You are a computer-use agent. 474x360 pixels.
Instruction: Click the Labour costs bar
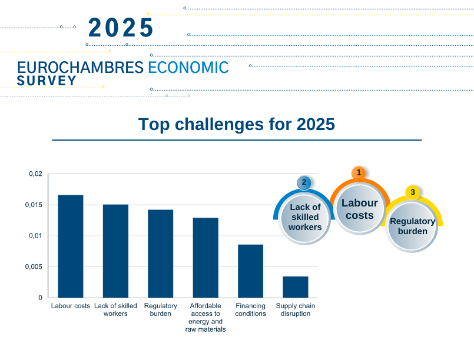(71, 246)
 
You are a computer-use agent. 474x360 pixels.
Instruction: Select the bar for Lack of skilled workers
(115, 251)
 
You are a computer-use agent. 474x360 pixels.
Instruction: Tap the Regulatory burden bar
(161, 254)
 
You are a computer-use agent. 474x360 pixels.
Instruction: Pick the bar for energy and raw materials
(205, 258)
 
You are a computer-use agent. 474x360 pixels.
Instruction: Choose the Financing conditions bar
(251, 271)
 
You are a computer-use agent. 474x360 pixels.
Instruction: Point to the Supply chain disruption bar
(296, 287)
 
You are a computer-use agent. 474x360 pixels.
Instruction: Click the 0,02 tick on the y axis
(36, 174)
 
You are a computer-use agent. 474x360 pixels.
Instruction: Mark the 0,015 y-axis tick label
(34, 205)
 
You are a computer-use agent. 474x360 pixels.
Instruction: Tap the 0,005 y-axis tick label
(34, 266)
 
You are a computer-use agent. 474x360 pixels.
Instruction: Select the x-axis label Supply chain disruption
(296, 309)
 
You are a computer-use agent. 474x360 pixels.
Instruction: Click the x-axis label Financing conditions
(251, 309)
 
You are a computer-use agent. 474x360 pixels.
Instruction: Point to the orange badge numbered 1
(359, 173)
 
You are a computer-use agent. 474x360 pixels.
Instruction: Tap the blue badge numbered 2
(304, 182)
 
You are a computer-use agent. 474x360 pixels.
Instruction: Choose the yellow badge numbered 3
(413, 192)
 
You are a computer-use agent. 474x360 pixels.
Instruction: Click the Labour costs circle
(360, 209)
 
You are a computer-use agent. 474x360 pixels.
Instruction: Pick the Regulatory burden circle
(412, 226)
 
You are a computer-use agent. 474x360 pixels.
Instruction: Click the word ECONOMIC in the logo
(188, 67)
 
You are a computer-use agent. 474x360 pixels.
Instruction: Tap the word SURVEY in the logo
(47, 81)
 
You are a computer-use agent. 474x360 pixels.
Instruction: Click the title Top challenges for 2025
(237, 124)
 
